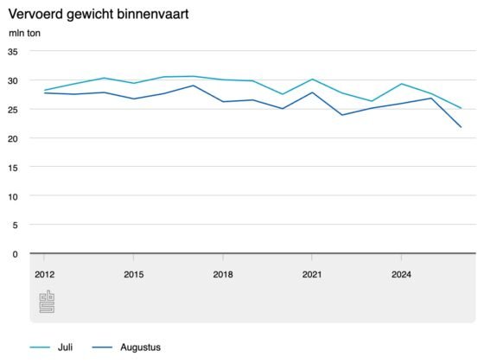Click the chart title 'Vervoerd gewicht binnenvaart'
(x=99, y=15)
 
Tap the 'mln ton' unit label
(x=24, y=33)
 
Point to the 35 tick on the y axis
(x=13, y=52)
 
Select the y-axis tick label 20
(x=13, y=138)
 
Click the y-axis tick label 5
(x=16, y=226)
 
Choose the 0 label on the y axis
(x=16, y=254)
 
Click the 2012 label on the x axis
(x=44, y=275)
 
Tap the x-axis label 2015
(x=134, y=275)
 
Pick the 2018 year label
(x=223, y=275)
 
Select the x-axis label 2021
(x=312, y=275)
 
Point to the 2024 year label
(x=401, y=275)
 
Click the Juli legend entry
(x=51, y=347)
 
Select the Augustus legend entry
(x=126, y=347)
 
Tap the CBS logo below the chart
(x=47, y=302)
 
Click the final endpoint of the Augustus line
(x=461, y=127)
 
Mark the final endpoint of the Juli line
(x=461, y=108)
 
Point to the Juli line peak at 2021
(x=312, y=80)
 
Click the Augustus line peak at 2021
(x=312, y=92)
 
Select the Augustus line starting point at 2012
(x=44, y=93)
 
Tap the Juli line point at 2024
(x=401, y=84)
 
